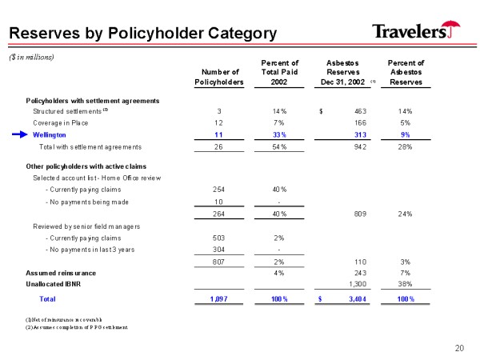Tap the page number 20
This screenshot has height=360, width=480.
(458, 347)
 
